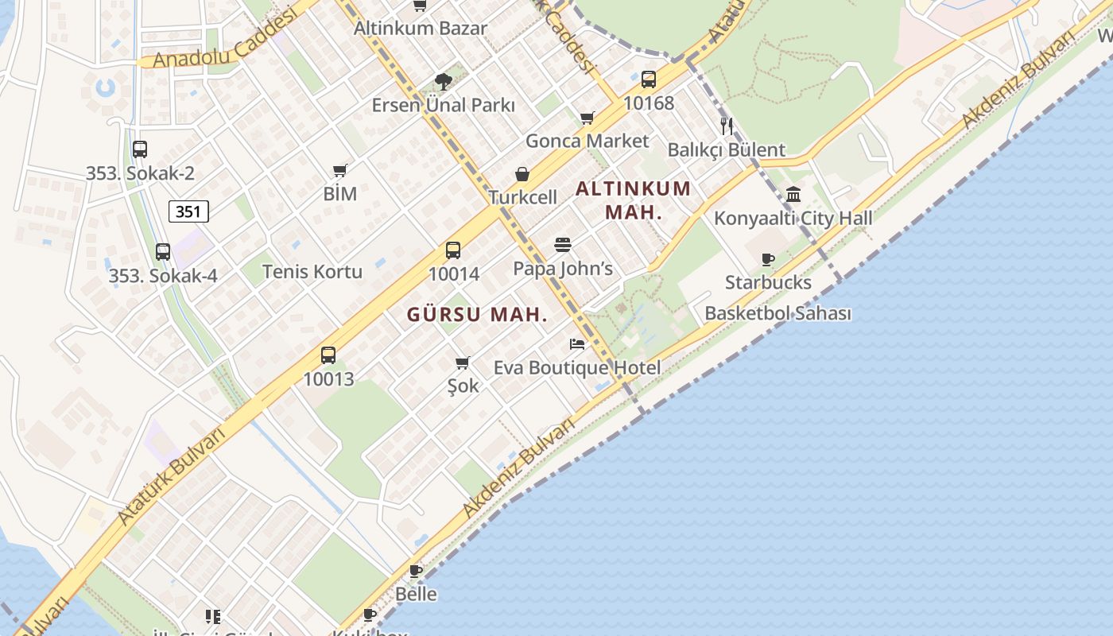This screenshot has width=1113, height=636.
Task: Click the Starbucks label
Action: tap(768, 282)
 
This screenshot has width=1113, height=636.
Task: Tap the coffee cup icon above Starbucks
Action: tap(768, 259)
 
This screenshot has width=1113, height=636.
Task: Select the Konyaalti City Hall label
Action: tap(793, 218)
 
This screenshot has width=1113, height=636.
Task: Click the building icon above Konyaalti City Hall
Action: tap(793, 194)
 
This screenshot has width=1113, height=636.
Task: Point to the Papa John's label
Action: tap(563, 269)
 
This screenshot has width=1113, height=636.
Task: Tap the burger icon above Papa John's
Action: tap(563, 245)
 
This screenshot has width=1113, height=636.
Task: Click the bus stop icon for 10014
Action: tap(453, 250)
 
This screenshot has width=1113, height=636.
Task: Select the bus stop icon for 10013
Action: tap(328, 355)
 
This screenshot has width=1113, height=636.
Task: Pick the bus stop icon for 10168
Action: tap(649, 79)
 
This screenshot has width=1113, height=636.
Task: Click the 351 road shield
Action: tap(188, 211)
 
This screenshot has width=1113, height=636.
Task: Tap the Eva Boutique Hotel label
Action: tap(577, 368)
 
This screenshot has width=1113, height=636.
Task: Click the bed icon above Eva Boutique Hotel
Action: tap(577, 344)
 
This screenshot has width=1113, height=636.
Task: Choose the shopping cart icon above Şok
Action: tap(463, 363)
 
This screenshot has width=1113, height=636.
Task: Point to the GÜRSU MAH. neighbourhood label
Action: tap(477, 314)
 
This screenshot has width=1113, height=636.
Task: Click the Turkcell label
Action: tap(522, 197)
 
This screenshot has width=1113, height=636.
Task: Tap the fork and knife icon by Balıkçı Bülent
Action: tap(726, 126)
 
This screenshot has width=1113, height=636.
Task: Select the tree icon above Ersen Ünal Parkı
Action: tap(444, 81)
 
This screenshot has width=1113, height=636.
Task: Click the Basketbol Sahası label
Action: tap(778, 313)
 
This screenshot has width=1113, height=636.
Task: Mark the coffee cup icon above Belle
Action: tap(416, 571)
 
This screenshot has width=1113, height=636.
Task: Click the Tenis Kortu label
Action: tap(312, 271)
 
